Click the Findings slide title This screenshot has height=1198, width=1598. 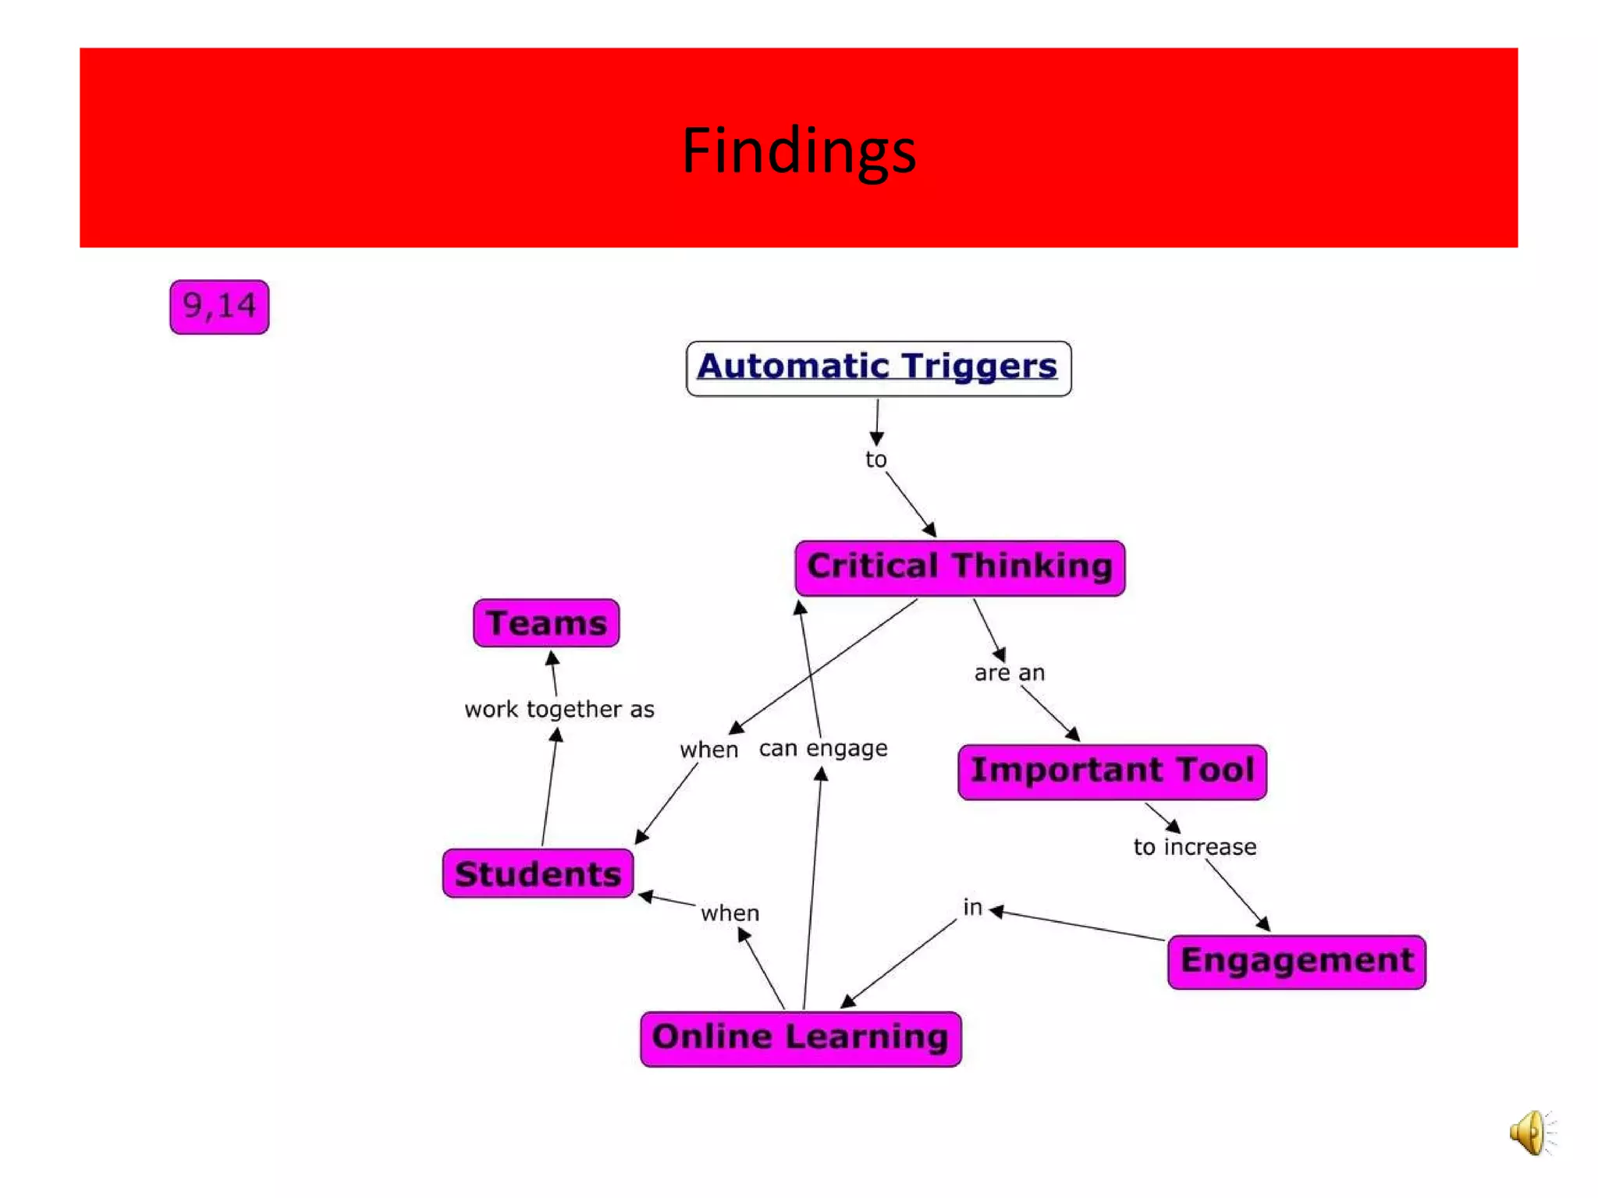tap(798, 150)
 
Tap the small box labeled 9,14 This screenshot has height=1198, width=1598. tap(219, 307)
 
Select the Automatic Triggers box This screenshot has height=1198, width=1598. tap(878, 368)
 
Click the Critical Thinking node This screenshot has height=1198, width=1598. tap(960, 567)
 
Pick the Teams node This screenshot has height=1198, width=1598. tap(546, 623)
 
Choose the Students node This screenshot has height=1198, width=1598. tap(538, 874)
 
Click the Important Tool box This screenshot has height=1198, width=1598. tap(1112, 771)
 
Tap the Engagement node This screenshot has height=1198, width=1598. tap(1296, 961)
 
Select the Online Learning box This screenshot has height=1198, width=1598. tap(801, 1038)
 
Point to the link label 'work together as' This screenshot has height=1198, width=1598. tap(559, 709)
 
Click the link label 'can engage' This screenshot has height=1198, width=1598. tap(823, 748)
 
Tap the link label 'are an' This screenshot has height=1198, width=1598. tap(1009, 672)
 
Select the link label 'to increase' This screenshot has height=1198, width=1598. tap(1195, 846)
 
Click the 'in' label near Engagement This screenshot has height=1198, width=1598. tap(972, 907)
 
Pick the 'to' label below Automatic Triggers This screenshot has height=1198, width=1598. tap(875, 459)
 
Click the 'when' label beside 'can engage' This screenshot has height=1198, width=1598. tap(708, 750)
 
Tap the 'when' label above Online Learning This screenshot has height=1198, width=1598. tap(730, 913)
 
